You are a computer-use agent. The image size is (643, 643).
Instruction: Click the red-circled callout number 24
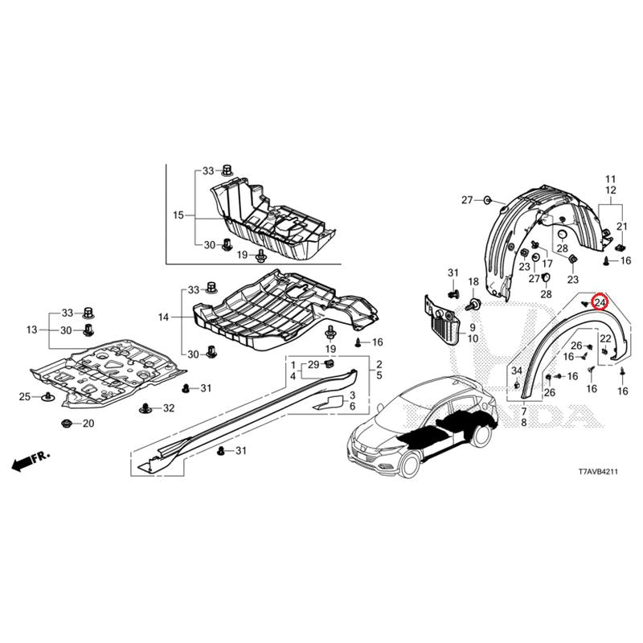(600, 303)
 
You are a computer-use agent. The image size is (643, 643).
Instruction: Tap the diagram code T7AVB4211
(598, 472)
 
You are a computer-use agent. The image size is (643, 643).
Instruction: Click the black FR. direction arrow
(31, 461)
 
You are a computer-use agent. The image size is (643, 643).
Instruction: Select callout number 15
(178, 215)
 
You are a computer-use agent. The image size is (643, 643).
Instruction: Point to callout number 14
(163, 317)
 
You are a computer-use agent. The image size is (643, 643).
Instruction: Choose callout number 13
(31, 330)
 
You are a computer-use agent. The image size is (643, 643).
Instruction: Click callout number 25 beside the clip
(25, 396)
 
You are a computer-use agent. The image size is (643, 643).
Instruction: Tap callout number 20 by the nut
(88, 424)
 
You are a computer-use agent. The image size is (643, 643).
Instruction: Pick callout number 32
(169, 408)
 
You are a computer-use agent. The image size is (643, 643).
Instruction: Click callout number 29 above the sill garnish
(313, 365)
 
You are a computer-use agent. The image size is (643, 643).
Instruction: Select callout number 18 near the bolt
(473, 282)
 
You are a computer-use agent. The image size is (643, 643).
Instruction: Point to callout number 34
(516, 371)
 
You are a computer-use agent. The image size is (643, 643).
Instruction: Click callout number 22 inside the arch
(605, 338)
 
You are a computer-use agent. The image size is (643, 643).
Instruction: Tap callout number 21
(622, 227)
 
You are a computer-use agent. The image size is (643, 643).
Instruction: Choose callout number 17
(547, 264)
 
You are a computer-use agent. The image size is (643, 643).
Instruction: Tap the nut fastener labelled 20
(66, 424)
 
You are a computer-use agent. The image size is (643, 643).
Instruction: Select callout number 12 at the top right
(611, 190)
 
